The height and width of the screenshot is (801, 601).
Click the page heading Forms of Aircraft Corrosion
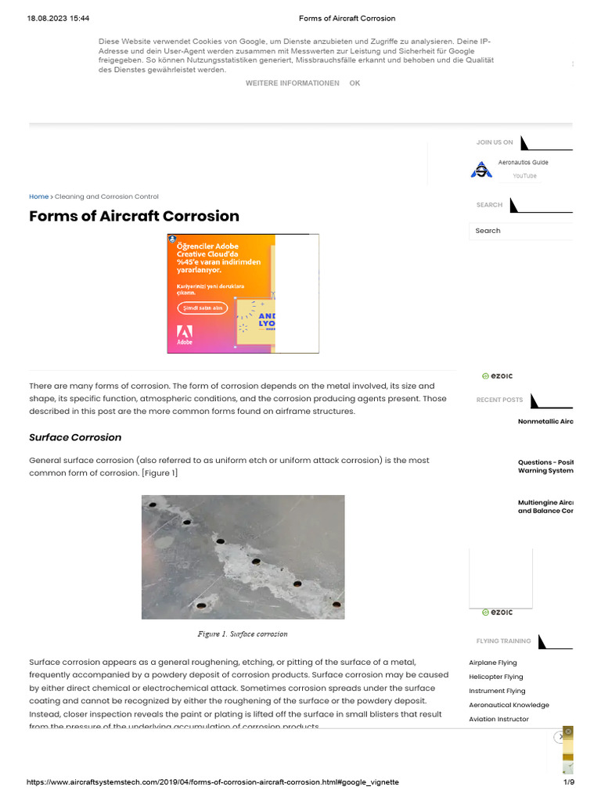point(134,216)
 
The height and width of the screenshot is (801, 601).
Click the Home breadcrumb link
point(38,196)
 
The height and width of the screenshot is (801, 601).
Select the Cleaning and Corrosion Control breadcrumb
point(106,196)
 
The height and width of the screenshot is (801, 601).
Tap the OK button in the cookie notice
point(354,83)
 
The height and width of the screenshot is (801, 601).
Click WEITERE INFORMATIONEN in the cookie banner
point(292,83)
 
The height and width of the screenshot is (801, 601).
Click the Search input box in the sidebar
point(520,231)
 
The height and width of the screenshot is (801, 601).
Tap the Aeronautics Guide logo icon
point(481,170)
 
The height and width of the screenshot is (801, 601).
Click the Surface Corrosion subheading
point(75,437)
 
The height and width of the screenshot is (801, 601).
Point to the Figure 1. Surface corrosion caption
point(243,634)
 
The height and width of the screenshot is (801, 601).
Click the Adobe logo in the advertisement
point(185,334)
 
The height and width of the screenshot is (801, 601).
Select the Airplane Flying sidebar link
point(493,663)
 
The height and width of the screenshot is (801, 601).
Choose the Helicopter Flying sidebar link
point(496,677)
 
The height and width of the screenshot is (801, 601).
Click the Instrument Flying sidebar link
point(497,691)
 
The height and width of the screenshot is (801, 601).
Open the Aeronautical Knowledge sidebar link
point(509,705)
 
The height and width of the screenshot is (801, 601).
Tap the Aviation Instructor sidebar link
point(498,719)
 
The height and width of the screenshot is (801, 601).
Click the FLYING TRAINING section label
point(503,641)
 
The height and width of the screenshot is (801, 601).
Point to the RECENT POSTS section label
point(499,400)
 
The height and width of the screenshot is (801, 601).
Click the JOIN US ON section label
point(495,142)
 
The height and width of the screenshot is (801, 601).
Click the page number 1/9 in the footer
point(569,782)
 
